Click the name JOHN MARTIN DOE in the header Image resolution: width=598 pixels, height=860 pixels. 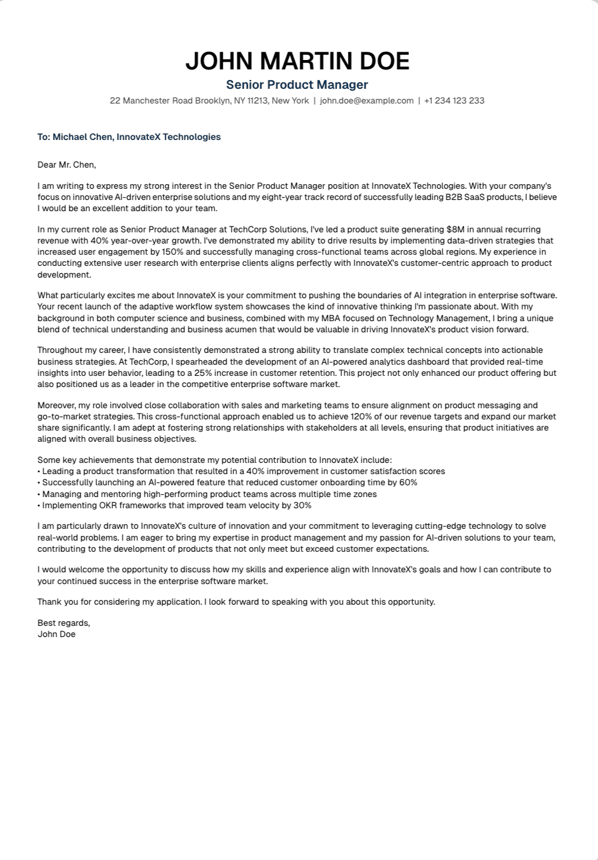[297, 61]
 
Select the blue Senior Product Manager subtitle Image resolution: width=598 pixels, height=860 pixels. [297, 85]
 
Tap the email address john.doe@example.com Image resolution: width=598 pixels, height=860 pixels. [367, 101]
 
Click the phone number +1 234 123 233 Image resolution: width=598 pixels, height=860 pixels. [454, 101]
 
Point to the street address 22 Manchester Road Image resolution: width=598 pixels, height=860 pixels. [151, 101]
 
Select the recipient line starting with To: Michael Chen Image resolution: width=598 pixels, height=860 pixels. [129, 137]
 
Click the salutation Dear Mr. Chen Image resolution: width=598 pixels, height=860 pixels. [66, 165]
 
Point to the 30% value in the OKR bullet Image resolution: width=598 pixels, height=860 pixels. [302, 505]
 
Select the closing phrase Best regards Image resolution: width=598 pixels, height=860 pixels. [63, 623]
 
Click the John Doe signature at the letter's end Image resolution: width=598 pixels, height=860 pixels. [56, 634]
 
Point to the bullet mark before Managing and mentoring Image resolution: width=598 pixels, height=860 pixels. [39, 494]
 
